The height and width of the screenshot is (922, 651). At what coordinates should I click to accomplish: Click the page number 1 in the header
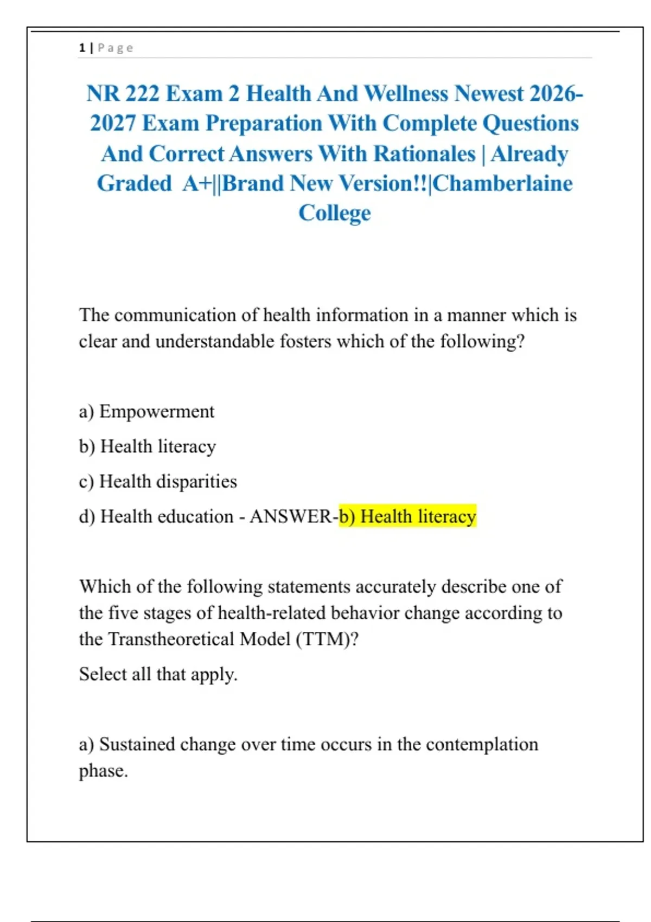(82, 48)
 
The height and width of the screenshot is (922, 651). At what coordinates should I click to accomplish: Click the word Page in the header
(116, 48)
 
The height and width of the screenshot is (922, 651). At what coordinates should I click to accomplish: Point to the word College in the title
(335, 213)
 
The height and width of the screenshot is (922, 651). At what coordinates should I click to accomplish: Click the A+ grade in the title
(197, 184)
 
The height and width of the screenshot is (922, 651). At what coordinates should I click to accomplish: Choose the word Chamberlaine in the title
(502, 184)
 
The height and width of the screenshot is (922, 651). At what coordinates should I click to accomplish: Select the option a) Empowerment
(146, 412)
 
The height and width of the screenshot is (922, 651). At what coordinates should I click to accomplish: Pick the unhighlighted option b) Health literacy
(148, 446)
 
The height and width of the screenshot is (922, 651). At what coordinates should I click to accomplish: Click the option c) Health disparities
(158, 482)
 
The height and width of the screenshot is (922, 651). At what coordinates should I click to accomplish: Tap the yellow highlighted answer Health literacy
(407, 516)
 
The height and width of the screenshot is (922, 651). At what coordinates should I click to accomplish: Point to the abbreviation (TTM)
(327, 639)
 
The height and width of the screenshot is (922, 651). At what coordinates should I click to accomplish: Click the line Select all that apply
(158, 674)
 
